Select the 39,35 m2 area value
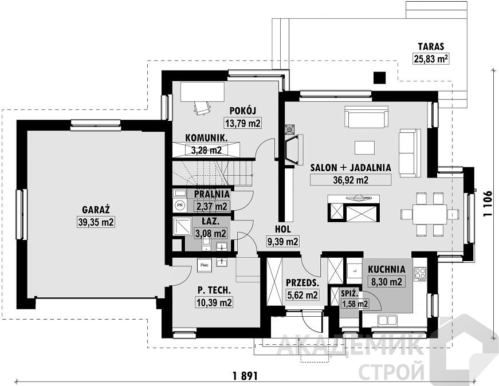(96, 222)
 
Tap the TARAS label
(431, 47)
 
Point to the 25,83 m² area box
(431, 58)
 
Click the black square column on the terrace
(380, 77)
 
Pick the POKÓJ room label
(243, 111)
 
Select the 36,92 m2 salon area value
(351, 180)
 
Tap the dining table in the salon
(430, 214)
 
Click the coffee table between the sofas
(365, 148)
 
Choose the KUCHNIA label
(387, 270)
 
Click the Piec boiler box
(205, 265)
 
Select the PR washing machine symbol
(180, 205)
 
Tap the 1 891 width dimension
(245, 376)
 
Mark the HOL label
(282, 230)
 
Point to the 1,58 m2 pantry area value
(355, 304)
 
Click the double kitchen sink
(387, 321)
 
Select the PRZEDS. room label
(302, 282)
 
